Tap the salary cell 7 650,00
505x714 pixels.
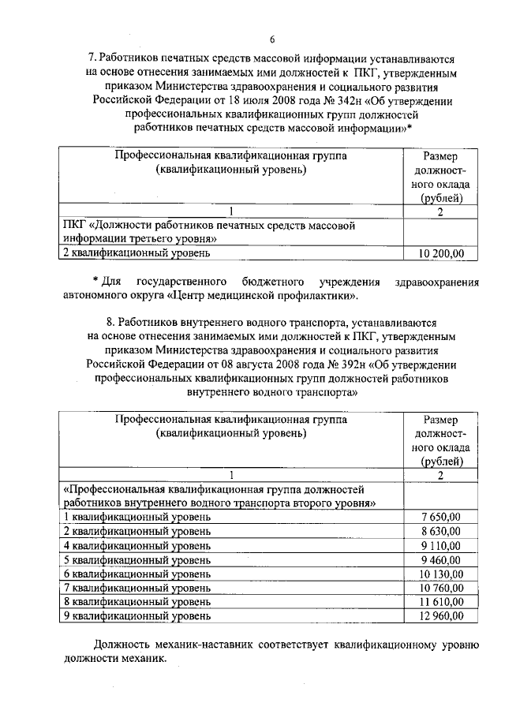coord(443,517)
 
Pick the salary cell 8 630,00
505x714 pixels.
coord(443,531)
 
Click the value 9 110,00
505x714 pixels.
coord(443,545)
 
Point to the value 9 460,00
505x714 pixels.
coord(443,559)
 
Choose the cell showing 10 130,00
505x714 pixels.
coord(440,574)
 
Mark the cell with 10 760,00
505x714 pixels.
coord(440,588)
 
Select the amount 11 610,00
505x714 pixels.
coord(440,601)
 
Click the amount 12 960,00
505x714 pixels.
coord(440,615)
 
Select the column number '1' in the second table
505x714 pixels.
coord(231,474)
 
